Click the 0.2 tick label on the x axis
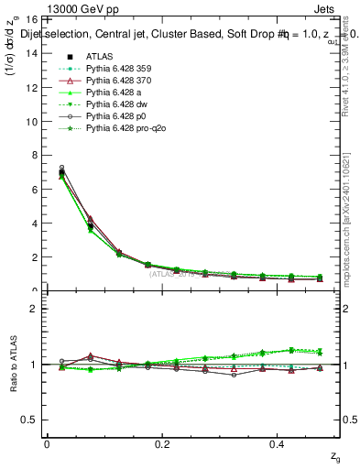tap(162, 443)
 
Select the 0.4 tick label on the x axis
tap(279, 443)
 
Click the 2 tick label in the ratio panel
tap(32, 309)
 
